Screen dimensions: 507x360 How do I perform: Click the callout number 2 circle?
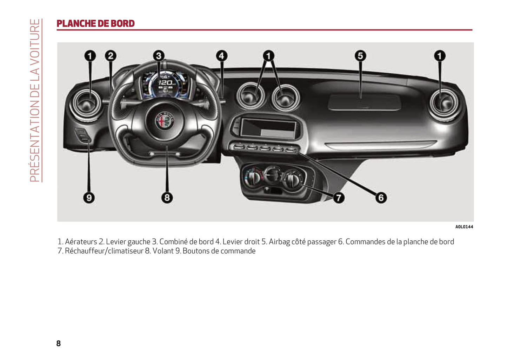[111, 56]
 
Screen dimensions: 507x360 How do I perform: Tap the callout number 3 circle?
[159, 56]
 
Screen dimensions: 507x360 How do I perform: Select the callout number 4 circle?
[222, 56]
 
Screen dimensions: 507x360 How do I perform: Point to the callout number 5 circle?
[360, 56]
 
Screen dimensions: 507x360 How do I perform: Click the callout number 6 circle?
[381, 198]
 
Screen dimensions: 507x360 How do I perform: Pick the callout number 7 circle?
[339, 198]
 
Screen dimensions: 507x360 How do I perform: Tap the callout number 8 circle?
[167, 198]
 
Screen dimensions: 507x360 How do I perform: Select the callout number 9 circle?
[89, 198]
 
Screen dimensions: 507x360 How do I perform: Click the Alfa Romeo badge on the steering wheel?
[165, 121]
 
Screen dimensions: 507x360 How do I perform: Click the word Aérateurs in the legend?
[81, 242]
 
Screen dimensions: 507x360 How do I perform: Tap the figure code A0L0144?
[464, 227]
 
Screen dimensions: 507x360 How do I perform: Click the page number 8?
[58, 343]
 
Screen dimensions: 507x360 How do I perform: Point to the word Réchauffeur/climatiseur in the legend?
[104, 251]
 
